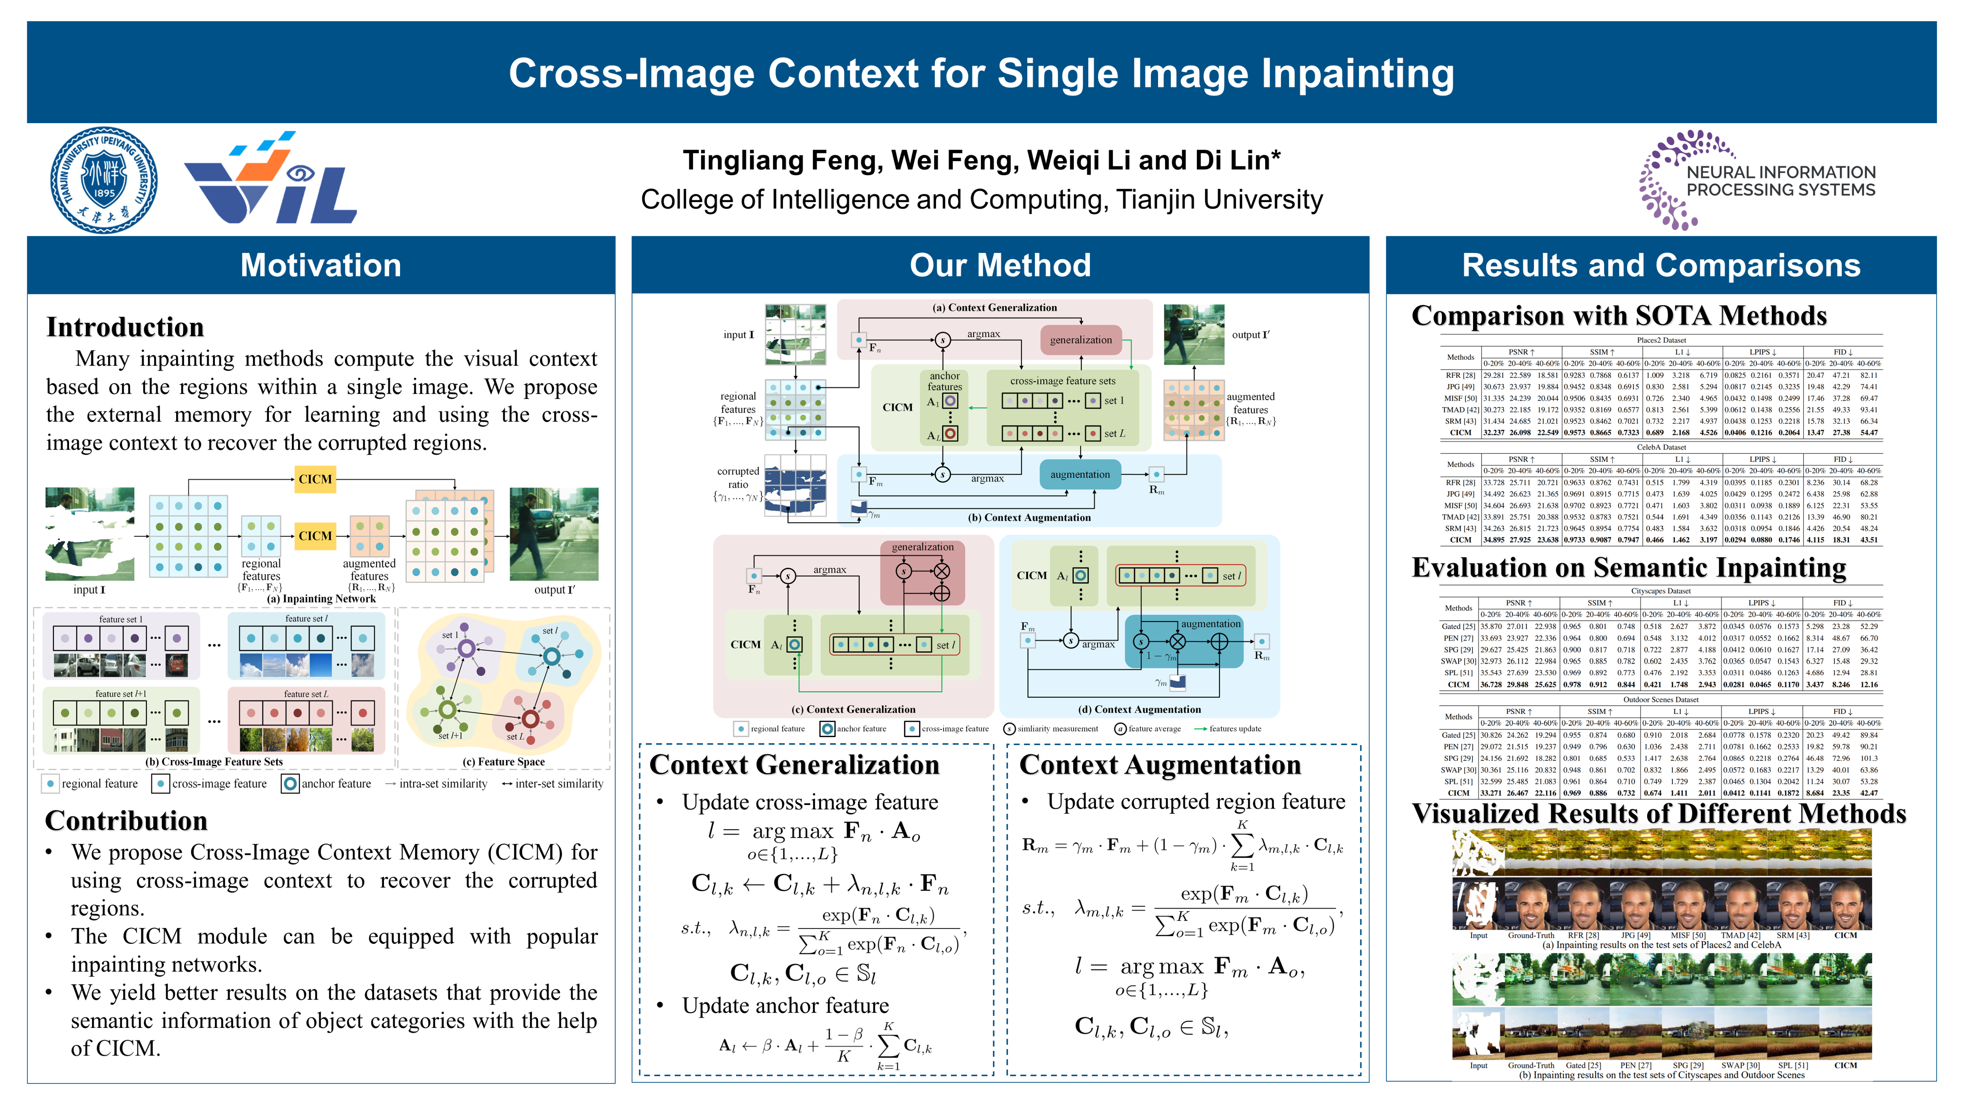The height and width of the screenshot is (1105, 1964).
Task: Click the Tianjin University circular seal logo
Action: pyautogui.click(x=104, y=180)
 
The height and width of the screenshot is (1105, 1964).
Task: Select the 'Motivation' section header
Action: pyautogui.click(x=321, y=266)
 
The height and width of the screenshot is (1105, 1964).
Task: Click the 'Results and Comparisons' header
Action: pyautogui.click(x=1661, y=266)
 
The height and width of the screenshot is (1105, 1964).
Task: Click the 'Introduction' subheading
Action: pyautogui.click(x=125, y=327)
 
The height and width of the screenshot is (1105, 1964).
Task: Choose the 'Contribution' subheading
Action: pyautogui.click(x=127, y=821)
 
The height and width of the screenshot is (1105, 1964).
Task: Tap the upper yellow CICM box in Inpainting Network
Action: pyautogui.click(x=315, y=479)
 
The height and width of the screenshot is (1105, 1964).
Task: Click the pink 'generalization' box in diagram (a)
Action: pyautogui.click(x=1080, y=340)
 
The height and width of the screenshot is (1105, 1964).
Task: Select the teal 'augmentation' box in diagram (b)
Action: pyautogui.click(x=1079, y=474)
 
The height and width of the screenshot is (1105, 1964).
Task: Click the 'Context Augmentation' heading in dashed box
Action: pyautogui.click(x=1160, y=765)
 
